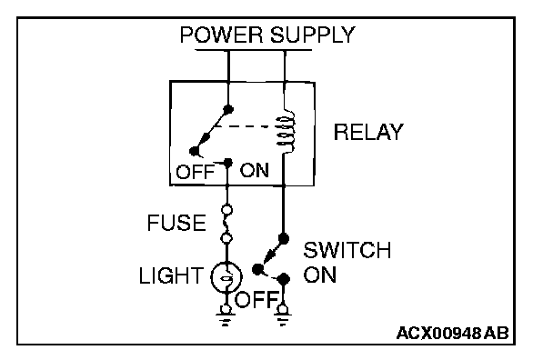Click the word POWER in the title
tap(221, 35)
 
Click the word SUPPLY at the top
tap(313, 35)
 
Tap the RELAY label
tap(367, 132)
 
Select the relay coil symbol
tap(286, 131)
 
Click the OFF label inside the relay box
tap(195, 172)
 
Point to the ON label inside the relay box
tap(255, 170)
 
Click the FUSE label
tap(176, 223)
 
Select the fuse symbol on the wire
tap(226, 225)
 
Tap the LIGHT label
tap(171, 275)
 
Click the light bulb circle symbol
tap(226, 276)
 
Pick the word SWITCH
tap(347, 250)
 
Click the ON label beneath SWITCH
tap(319, 275)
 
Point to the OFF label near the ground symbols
tap(256, 300)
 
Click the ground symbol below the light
tap(226, 316)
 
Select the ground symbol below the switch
tap(282, 316)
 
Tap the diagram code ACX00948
tap(438, 333)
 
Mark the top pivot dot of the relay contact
tap(228, 108)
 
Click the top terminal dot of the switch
tap(283, 239)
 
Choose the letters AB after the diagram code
tap(497, 333)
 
